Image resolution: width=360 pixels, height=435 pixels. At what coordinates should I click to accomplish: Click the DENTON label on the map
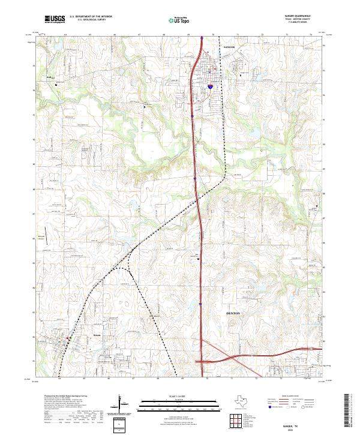233,313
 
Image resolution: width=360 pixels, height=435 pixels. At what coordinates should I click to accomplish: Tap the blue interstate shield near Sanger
211,86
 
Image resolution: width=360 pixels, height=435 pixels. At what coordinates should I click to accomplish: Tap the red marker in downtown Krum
68,340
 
